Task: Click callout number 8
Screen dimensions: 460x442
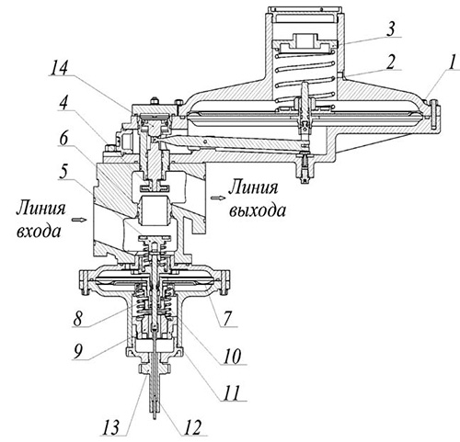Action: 79,317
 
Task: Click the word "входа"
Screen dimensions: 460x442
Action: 39,232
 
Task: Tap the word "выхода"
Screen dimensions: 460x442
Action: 258,210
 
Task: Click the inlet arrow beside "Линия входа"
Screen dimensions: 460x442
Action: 77,220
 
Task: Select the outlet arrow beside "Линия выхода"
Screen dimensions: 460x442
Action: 216,198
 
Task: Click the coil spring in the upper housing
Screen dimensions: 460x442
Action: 305,80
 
